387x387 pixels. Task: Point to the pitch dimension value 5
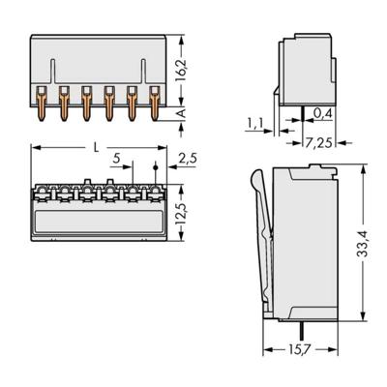tap(117, 158)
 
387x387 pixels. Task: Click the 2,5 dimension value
tap(189, 158)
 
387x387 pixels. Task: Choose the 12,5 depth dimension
tap(182, 209)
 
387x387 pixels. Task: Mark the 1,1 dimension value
tap(253, 122)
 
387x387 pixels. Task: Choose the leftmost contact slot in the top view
tap(43, 193)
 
